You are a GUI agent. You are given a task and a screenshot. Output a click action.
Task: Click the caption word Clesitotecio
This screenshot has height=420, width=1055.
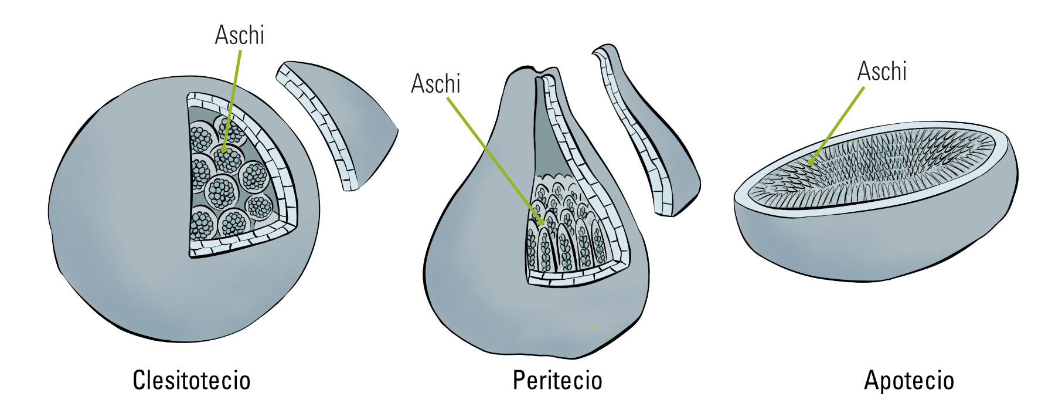(x=192, y=380)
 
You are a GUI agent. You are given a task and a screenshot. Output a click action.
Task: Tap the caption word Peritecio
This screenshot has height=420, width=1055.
(x=557, y=380)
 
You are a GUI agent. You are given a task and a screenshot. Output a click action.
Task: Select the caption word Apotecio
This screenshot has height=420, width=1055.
(x=909, y=380)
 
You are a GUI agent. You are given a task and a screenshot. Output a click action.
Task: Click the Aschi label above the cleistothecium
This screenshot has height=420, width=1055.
(x=240, y=35)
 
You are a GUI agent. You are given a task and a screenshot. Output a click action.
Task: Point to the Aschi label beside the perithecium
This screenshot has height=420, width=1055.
(x=436, y=84)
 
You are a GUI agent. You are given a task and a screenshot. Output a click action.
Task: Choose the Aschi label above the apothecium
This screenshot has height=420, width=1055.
(x=882, y=72)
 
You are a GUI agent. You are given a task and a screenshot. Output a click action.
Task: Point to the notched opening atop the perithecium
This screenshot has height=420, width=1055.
(x=545, y=73)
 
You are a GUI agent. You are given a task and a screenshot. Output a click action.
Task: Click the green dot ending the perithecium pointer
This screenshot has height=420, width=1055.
(x=542, y=222)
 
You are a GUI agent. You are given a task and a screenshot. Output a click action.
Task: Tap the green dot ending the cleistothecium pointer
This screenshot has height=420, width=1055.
(x=224, y=150)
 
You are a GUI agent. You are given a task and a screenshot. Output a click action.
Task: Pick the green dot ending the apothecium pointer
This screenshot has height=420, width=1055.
(x=810, y=162)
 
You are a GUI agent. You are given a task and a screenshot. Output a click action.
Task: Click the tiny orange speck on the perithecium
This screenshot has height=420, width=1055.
(x=593, y=324)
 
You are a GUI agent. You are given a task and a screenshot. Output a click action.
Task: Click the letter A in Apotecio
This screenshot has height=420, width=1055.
(x=872, y=380)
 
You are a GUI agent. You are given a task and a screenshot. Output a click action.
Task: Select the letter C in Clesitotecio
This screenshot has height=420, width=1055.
(x=139, y=380)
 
